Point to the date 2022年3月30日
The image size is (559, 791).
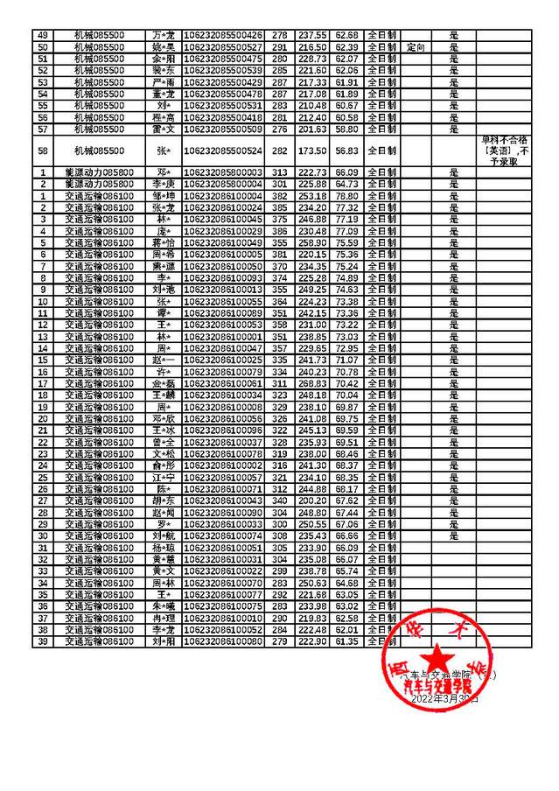click(445, 699)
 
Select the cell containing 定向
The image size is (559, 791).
click(416, 46)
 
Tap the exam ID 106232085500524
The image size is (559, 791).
click(224, 150)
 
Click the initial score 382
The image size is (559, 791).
click(280, 196)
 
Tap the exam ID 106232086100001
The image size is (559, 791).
click(224, 336)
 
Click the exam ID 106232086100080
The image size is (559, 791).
click(224, 641)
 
